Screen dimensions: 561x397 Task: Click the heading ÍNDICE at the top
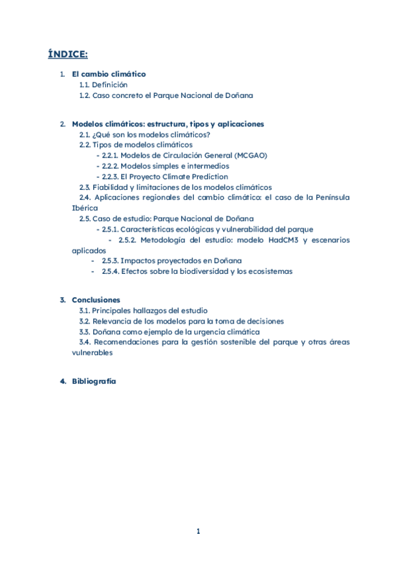point(68,54)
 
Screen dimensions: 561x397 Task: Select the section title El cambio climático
point(109,74)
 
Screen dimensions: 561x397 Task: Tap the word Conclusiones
point(96,300)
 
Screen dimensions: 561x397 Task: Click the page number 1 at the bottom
point(198,531)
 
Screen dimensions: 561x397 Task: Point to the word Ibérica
point(85,208)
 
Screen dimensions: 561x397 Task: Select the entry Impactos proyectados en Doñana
point(181,261)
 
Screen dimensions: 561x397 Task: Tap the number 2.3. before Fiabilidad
point(85,187)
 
